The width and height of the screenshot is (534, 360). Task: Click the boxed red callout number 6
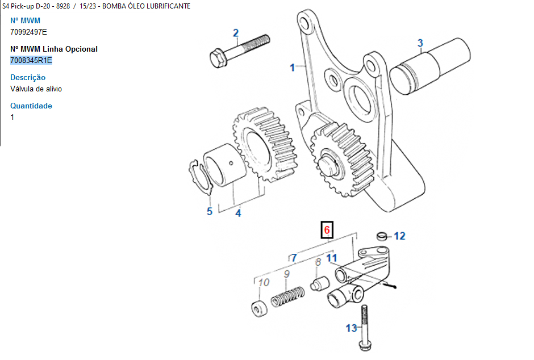[x=327, y=230]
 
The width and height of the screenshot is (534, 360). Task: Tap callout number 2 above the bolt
[x=236, y=33]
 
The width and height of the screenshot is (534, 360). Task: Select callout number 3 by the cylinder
[x=420, y=43]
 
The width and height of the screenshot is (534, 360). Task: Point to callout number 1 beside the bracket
[x=292, y=68]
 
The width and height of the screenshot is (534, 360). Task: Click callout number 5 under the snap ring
[x=210, y=211]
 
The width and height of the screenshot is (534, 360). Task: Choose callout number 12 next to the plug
[x=399, y=236]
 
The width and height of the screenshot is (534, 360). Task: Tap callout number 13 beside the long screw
[x=352, y=328]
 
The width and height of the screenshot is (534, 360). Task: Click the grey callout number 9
[x=287, y=274]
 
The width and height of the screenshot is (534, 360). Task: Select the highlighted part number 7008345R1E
[x=31, y=60]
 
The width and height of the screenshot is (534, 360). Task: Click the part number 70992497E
[x=28, y=32]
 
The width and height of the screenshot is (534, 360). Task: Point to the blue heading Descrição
[x=28, y=78]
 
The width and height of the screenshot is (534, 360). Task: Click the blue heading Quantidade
[x=31, y=106]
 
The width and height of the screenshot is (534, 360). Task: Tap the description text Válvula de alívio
[x=36, y=89]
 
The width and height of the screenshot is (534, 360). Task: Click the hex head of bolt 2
[x=218, y=58]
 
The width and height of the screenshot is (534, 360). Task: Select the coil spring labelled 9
[x=288, y=297]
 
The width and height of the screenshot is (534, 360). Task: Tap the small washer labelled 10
[x=259, y=308]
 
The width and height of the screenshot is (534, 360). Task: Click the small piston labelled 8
[x=320, y=283]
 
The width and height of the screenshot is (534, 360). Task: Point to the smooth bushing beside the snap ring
[x=225, y=165]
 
